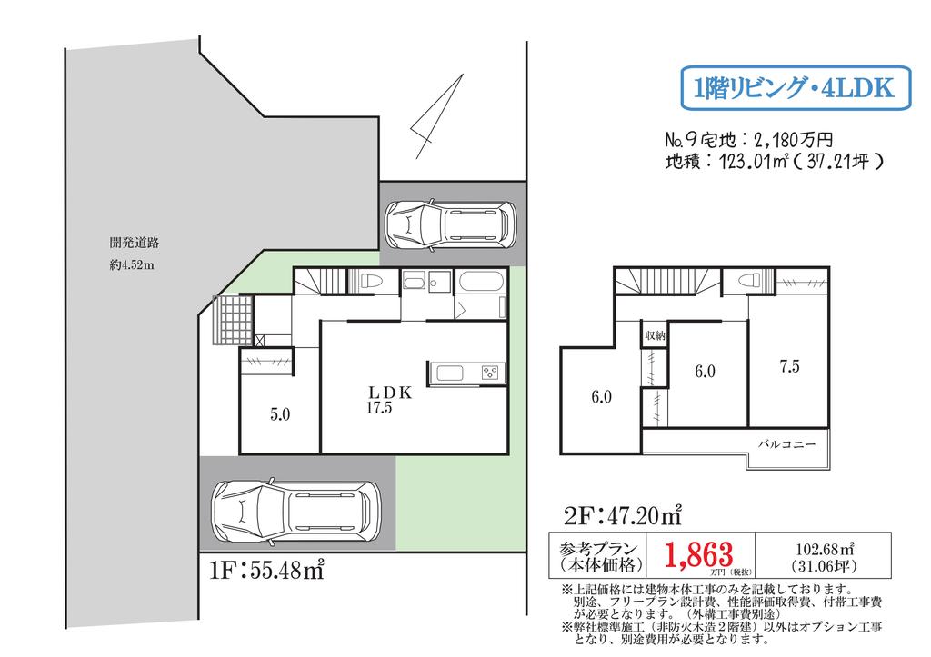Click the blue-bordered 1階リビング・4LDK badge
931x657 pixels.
point(795,88)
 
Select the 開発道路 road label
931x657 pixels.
point(135,243)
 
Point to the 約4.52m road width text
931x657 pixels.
point(132,265)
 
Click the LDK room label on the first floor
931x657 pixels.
point(390,393)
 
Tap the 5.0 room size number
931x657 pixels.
point(280,414)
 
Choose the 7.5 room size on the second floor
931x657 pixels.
point(790,366)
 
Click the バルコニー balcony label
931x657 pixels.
point(787,444)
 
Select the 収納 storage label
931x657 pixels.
point(655,336)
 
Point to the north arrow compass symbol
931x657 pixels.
point(436,116)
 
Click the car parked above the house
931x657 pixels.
point(451,224)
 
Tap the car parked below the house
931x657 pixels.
point(297,512)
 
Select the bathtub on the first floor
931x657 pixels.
point(482,282)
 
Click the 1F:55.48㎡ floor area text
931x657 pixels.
point(267,571)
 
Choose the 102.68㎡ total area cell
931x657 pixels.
point(824,555)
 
